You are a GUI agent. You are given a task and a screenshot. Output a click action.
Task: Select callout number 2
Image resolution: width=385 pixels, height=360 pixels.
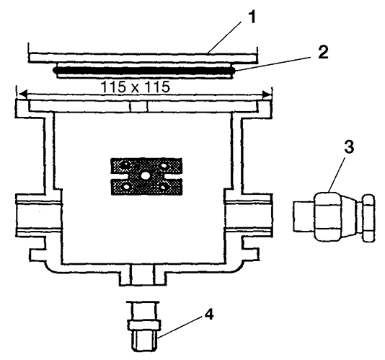(322, 52)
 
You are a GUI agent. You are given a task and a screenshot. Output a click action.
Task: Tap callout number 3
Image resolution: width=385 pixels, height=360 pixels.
(349, 146)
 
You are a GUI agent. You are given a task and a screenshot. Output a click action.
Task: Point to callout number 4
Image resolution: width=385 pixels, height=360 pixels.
(208, 315)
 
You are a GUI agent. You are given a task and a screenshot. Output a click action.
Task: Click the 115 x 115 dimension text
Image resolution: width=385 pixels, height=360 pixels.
(136, 87)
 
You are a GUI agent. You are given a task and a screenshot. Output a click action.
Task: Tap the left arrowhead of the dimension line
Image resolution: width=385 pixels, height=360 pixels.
(23, 94)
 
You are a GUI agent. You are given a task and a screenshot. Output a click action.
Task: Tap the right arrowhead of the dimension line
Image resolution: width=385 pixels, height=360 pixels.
(266, 94)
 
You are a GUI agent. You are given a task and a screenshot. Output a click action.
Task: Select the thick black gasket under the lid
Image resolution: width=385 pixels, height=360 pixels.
(144, 71)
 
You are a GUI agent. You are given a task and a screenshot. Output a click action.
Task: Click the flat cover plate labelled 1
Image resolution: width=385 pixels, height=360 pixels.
(143, 58)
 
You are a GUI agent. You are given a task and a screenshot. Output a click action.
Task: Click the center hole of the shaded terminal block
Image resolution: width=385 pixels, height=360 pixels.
(146, 175)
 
